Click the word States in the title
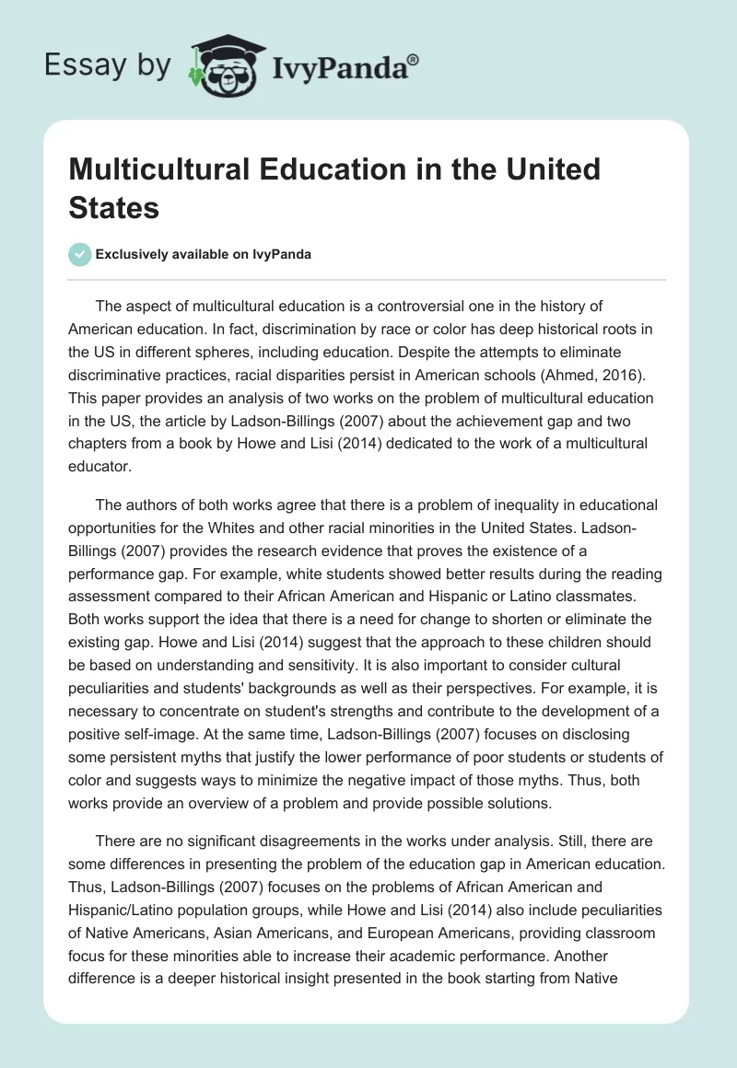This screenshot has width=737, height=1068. point(113,207)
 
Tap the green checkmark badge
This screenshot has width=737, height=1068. point(81,254)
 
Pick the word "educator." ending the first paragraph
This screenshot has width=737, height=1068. point(100,468)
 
